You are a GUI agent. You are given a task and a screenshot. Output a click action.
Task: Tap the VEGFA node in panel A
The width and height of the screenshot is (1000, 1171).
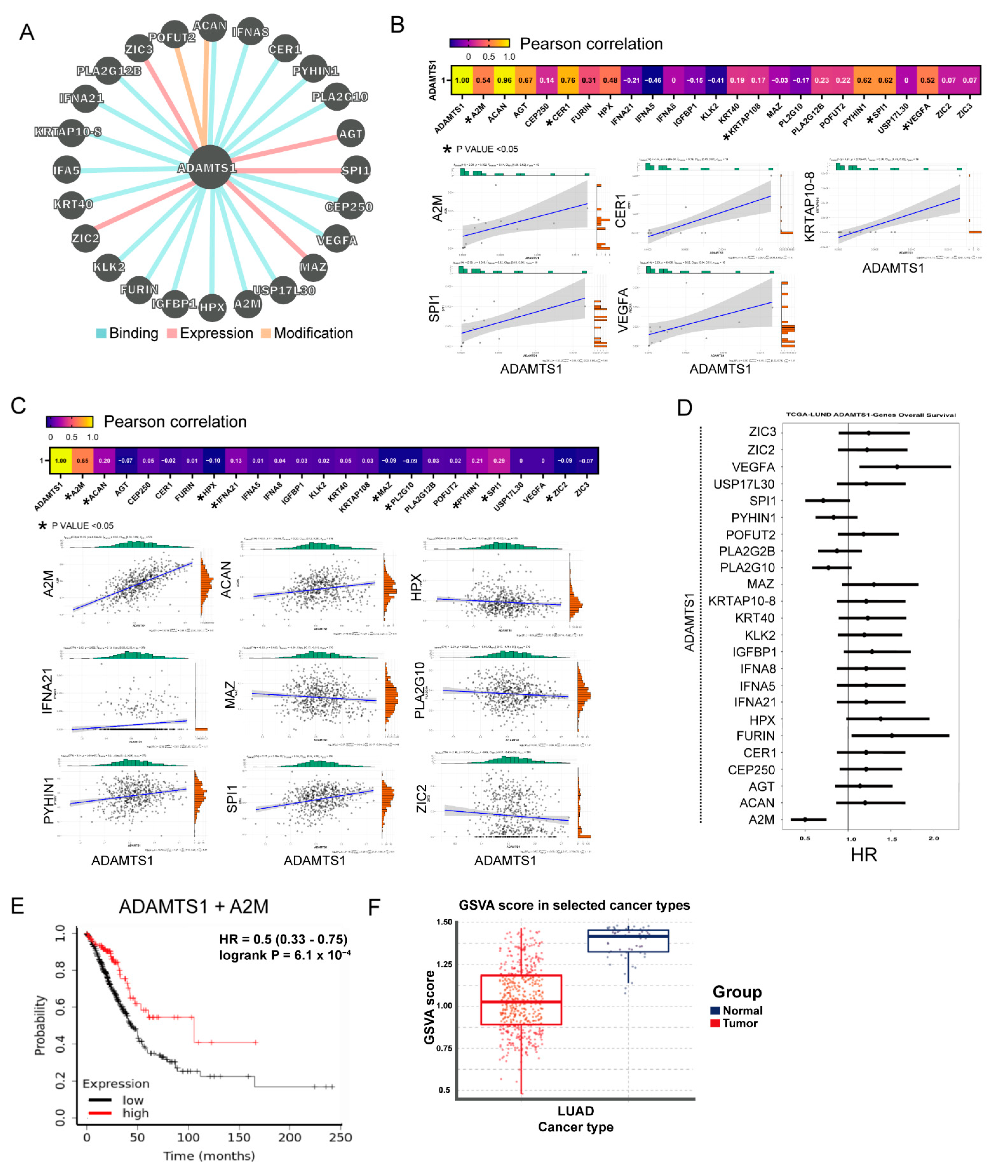click(x=337, y=240)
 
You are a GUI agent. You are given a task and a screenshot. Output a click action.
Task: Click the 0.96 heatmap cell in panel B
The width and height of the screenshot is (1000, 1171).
click(x=504, y=80)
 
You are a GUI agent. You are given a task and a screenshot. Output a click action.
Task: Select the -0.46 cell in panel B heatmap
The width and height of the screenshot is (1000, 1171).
click(x=653, y=80)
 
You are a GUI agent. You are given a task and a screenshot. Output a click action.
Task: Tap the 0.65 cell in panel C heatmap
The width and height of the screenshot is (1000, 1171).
click(x=83, y=461)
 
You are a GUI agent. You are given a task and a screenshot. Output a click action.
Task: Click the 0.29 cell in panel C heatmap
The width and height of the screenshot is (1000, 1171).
click(x=499, y=461)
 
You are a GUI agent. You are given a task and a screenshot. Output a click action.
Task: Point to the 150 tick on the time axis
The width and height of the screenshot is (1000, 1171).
click(x=239, y=1138)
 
